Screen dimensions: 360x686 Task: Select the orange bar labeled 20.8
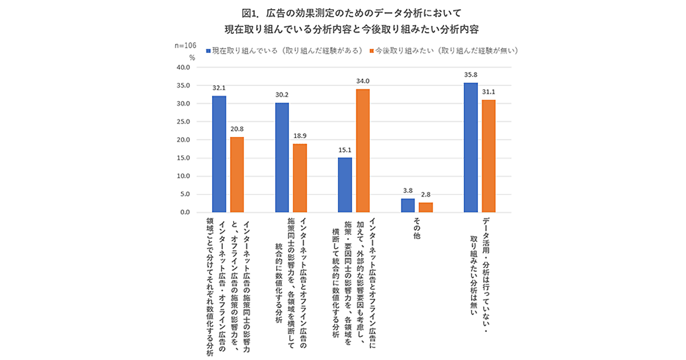click(x=237, y=175)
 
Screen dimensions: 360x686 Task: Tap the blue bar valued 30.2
click(x=282, y=158)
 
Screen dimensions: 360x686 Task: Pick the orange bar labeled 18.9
click(x=300, y=178)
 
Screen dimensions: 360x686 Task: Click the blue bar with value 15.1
click(x=345, y=185)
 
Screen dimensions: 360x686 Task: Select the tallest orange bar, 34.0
click(x=362, y=151)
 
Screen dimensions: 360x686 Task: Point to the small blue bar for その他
click(x=408, y=206)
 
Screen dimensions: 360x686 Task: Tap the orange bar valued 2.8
click(x=426, y=207)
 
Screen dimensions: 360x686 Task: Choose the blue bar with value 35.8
click(x=470, y=147)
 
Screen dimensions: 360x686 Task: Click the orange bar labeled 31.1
click(x=489, y=156)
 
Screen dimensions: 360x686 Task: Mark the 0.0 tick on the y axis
click(x=184, y=213)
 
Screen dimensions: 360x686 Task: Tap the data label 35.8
click(x=470, y=74)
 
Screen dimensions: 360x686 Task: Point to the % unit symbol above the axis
click(x=192, y=57)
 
